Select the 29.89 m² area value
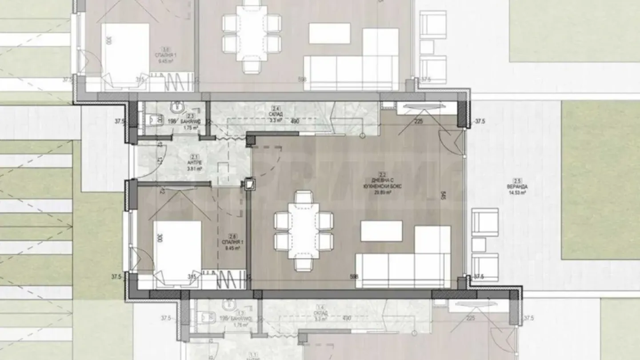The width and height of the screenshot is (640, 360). point(382,193)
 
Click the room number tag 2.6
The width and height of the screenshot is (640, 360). point(231,236)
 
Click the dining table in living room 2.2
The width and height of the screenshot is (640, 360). point(304,230)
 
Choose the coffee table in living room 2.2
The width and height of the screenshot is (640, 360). point(381,231)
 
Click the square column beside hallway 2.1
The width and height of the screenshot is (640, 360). point(251,184)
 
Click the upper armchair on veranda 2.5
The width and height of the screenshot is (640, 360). point(485,221)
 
